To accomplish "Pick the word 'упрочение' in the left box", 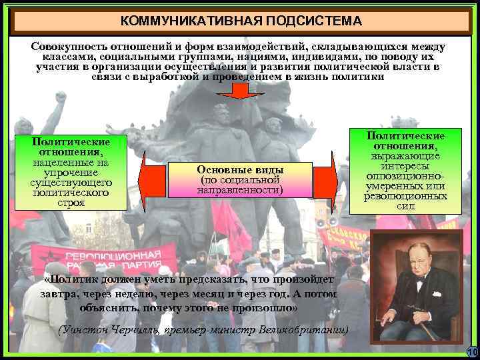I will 71,173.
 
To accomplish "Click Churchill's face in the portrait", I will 412,264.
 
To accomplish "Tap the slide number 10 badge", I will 472,352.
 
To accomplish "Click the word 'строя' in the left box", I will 71,203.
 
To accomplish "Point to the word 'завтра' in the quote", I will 59,295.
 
